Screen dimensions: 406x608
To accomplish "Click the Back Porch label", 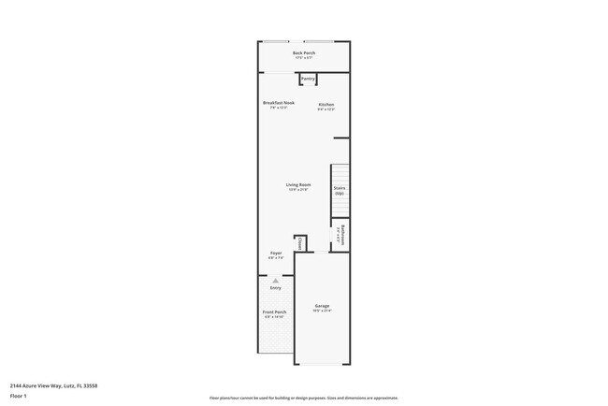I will click(304, 53).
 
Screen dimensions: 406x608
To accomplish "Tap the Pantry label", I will click(308, 80).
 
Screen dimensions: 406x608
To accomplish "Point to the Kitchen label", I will click(326, 104).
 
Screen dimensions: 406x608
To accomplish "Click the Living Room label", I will click(297, 184).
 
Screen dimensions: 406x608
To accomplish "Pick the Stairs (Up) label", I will click(340, 191).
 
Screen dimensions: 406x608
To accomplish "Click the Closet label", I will click(300, 241).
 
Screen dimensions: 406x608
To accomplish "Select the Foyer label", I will click(276, 253).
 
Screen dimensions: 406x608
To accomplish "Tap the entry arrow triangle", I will click(275, 280).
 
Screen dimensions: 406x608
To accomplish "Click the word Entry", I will click(275, 287).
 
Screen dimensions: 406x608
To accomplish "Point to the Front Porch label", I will click(275, 312).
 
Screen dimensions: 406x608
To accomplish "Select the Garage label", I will click(322, 306).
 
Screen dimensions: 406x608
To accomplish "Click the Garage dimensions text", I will click(322, 311).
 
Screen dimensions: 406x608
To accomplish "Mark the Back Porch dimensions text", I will click(304, 59).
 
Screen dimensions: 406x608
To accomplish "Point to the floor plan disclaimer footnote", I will click(304, 397).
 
